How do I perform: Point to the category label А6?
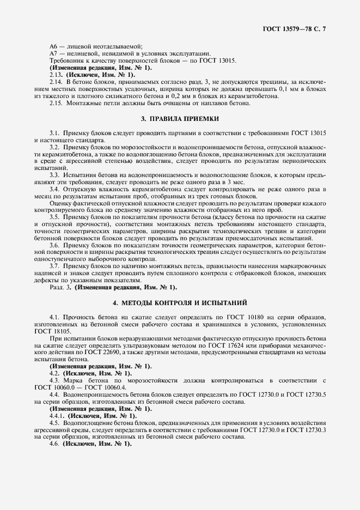coord(54,47)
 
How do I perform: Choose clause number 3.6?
coord(54,246)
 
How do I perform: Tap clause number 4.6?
coord(54,444)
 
